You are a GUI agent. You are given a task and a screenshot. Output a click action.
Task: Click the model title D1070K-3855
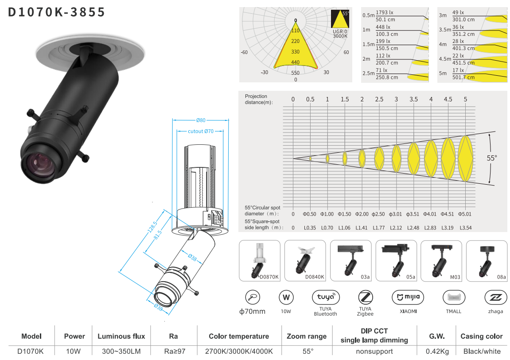click(57, 12)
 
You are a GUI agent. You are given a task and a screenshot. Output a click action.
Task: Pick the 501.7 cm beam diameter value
click(463, 77)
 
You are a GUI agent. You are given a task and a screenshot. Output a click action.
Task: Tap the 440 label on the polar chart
click(296, 62)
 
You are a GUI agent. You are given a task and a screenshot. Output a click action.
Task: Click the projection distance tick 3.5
click(413, 99)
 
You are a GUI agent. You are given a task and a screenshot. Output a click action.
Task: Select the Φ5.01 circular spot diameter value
click(465, 214)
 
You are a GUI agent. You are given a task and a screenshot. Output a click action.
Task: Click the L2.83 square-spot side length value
click(430, 228)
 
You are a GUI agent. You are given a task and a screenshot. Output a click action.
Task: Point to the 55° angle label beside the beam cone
click(492, 158)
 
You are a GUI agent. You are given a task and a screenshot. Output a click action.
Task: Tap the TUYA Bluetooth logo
click(325, 297)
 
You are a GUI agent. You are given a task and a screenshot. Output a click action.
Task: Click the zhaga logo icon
click(495, 297)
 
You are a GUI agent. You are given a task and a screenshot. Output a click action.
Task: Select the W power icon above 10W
click(286, 297)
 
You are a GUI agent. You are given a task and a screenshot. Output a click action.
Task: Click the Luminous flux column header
click(121, 336)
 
